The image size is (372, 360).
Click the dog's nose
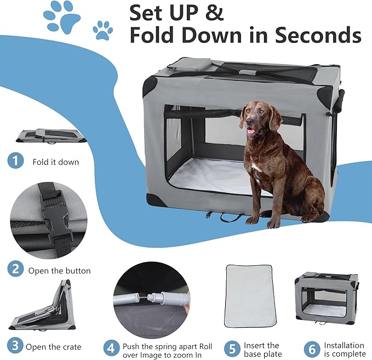(249, 122)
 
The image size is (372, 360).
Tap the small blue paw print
(103, 30)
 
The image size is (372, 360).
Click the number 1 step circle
(15, 161)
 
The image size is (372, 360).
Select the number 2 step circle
(15, 268)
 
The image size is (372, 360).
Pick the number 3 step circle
(15, 345)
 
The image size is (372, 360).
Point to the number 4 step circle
(111, 348)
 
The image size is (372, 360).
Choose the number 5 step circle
(232, 348)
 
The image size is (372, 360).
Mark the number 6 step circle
(312, 349)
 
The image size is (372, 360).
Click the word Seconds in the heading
(318, 35)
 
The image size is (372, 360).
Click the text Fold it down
(56, 162)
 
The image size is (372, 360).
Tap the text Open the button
(59, 271)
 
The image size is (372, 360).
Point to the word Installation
(344, 345)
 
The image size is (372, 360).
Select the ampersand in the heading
(215, 13)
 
